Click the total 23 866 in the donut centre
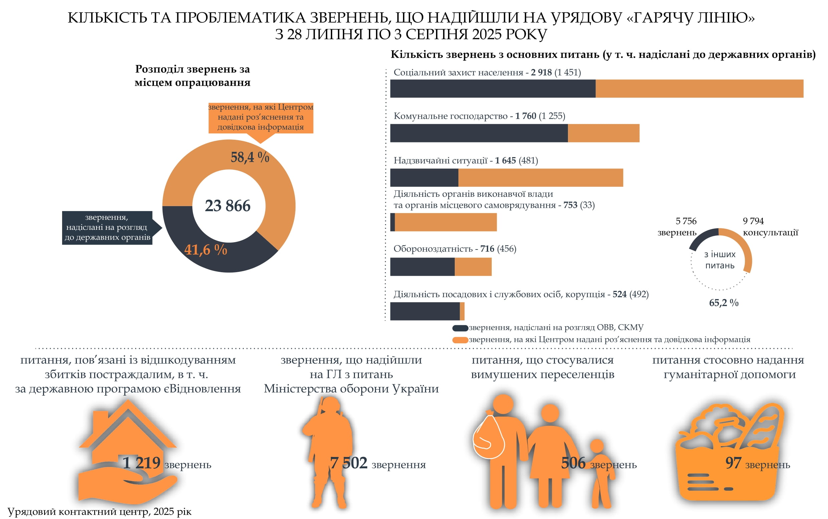pos(227,206)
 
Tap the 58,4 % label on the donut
pos(250,157)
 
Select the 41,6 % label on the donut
pos(205,249)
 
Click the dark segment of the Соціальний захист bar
pos(492,89)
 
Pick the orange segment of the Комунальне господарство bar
pos(603,133)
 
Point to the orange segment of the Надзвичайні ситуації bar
pos(540,177)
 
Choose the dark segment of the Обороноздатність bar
pos(422,267)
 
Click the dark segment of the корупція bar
pos(425,311)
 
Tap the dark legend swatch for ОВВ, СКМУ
pos(460,328)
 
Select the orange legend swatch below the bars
pos(460,340)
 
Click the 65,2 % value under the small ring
pos(723,303)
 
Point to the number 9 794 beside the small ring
pos(753,221)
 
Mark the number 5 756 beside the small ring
pos(686,221)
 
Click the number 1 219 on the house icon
pos(142,463)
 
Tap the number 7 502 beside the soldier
pos(349,463)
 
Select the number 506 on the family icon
pos(573,463)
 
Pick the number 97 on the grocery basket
pos(733,463)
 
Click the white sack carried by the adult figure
pos(488,438)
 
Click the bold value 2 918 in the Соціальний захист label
pos(541,72)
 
